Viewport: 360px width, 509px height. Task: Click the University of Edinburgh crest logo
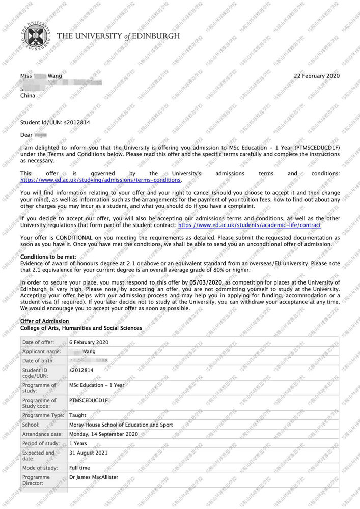tap(35, 36)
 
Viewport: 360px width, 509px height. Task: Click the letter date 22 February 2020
tap(317, 76)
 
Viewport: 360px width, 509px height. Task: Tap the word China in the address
tap(27, 95)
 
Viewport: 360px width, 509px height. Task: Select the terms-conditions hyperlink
tap(100, 180)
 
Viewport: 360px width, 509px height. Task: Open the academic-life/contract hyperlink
tap(250, 224)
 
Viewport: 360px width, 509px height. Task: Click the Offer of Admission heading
tap(44, 321)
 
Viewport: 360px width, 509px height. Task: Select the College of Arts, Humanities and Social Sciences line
tap(81, 328)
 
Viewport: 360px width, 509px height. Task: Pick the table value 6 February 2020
tap(89, 342)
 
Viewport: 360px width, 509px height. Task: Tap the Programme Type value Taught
tap(77, 415)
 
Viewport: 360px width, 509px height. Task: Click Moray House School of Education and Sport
tap(121, 425)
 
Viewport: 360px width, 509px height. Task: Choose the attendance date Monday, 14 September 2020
tap(103, 434)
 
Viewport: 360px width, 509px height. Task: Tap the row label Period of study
tap(41, 444)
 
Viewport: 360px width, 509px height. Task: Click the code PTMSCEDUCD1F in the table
tap(89, 401)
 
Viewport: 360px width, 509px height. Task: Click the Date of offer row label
tap(39, 342)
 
